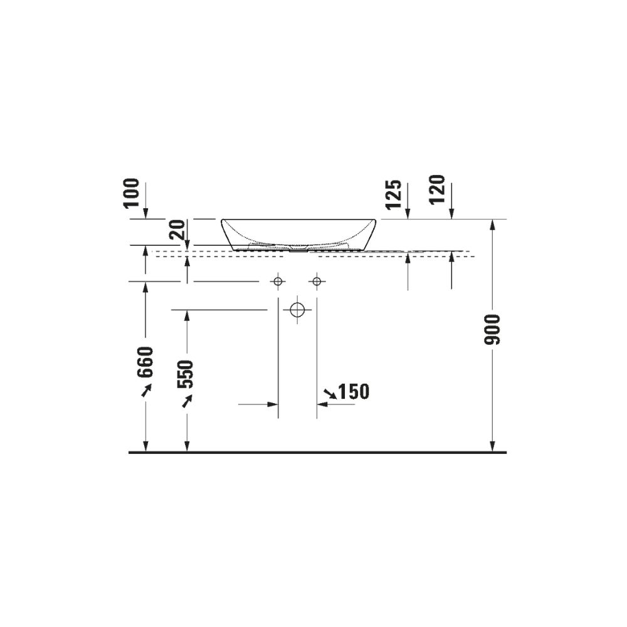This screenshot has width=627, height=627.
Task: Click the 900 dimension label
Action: click(x=492, y=330)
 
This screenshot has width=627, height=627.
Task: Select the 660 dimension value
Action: click(x=145, y=362)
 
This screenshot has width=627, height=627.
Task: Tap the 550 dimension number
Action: click(x=186, y=374)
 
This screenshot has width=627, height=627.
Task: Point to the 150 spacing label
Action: click(x=354, y=392)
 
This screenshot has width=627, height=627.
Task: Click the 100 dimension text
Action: click(x=132, y=193)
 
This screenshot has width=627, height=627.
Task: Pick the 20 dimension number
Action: click(x=177, y=229)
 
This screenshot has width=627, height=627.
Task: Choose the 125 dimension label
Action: click(x=394, y=194)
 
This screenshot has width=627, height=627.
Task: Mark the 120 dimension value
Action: click(x=437, y=189)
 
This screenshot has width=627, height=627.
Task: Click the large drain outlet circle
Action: click(x=297, y=310)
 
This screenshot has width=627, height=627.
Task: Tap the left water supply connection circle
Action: click(x=278, y=282)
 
